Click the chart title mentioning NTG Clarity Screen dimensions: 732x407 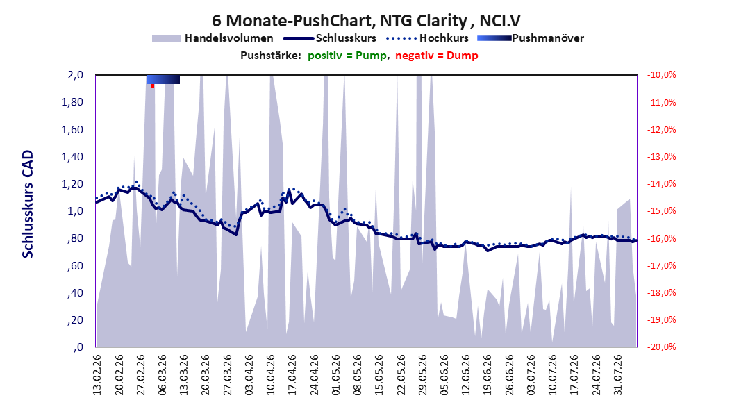coord(366,21)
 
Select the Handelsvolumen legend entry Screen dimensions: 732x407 coord(213,38)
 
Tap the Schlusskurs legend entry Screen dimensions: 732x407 coord(329,38)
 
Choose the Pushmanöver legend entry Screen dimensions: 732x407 coord(531,38)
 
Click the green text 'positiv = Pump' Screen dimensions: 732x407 coord(347,56)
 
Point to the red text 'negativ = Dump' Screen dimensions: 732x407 coord(437,56)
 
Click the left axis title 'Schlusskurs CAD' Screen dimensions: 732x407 coord(28,204)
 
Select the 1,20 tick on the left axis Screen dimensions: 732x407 coord(72,184)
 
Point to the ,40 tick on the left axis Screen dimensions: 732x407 coord(75,293)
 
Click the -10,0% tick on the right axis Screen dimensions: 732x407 coord(661,75)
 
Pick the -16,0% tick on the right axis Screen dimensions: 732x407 coord(661,238)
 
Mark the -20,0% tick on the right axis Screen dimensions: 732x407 coord(661,347)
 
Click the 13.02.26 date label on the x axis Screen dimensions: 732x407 coord(97,375)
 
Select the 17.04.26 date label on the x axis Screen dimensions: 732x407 coord(292,375)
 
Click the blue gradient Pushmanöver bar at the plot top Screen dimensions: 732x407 coord(163,79)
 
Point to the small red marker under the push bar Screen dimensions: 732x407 coord(153,86)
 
